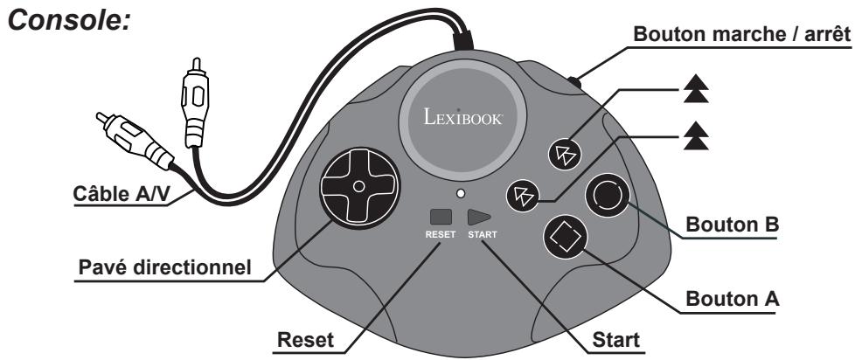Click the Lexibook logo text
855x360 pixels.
(463, 116)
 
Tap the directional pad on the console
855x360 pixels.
(358, 186)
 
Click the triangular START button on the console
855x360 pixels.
(479, 218)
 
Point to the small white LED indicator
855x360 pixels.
(462, 193)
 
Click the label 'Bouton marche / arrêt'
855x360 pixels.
(741, 34)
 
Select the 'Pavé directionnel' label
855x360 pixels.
(164, 267)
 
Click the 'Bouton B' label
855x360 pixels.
(732, 224)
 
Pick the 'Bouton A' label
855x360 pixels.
(732, 299)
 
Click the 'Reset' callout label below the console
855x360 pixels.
(305, 339)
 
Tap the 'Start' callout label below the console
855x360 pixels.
(616, 339)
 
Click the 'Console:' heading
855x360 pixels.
(69, 20)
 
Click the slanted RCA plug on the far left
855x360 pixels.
(135, 140)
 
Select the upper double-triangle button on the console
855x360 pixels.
(565, 154)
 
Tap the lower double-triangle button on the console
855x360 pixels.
(523, 195)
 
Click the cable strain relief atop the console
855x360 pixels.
(463, 41)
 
